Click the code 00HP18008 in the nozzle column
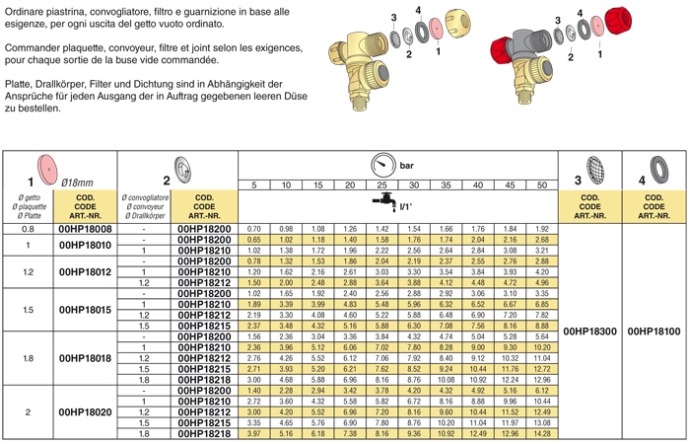[x=86, y=229]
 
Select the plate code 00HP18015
[x=86, y=309]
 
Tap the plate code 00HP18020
[x=86, y=411]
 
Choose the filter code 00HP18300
[x=588, y=332]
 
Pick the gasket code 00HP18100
[x=654, y=332]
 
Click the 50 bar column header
[x=541, y=185]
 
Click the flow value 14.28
[x=541, y=433]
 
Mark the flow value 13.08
[x=541, y=422]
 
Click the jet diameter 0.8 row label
[x=29, y=229]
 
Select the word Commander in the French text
[x=33, y=48]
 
